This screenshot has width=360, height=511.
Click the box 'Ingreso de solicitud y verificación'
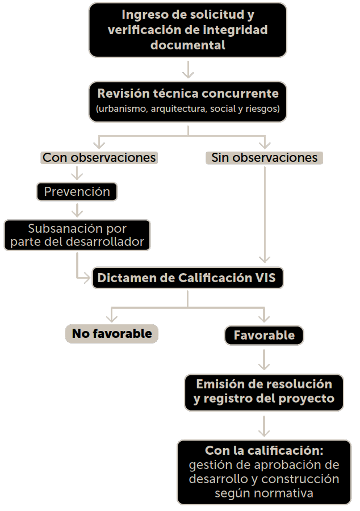[187, 30]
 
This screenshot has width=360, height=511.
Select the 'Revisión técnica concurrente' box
[188, 101]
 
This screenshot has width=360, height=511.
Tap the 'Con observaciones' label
[99, 157]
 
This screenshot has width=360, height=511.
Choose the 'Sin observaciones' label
[265, 157]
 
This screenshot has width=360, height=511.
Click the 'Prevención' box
[77, 191]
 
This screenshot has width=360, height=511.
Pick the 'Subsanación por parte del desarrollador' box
[77, 236]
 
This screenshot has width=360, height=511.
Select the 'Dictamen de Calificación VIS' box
[187, 278]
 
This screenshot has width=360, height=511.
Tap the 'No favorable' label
[112, 334]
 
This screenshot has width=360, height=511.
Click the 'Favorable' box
[265, 335]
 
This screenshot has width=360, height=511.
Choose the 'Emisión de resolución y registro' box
[264, 391]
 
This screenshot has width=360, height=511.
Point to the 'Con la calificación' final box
[264, 472]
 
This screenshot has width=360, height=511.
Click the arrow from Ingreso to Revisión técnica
[188, 69]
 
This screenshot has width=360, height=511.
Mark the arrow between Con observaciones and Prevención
[76, 173]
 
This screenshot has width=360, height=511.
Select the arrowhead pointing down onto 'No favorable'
[112, 316]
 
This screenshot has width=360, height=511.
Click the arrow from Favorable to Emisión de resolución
[265, 359]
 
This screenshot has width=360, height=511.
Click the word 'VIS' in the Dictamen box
[265, 278]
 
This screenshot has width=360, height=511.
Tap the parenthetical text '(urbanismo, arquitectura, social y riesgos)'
[188, 108]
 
